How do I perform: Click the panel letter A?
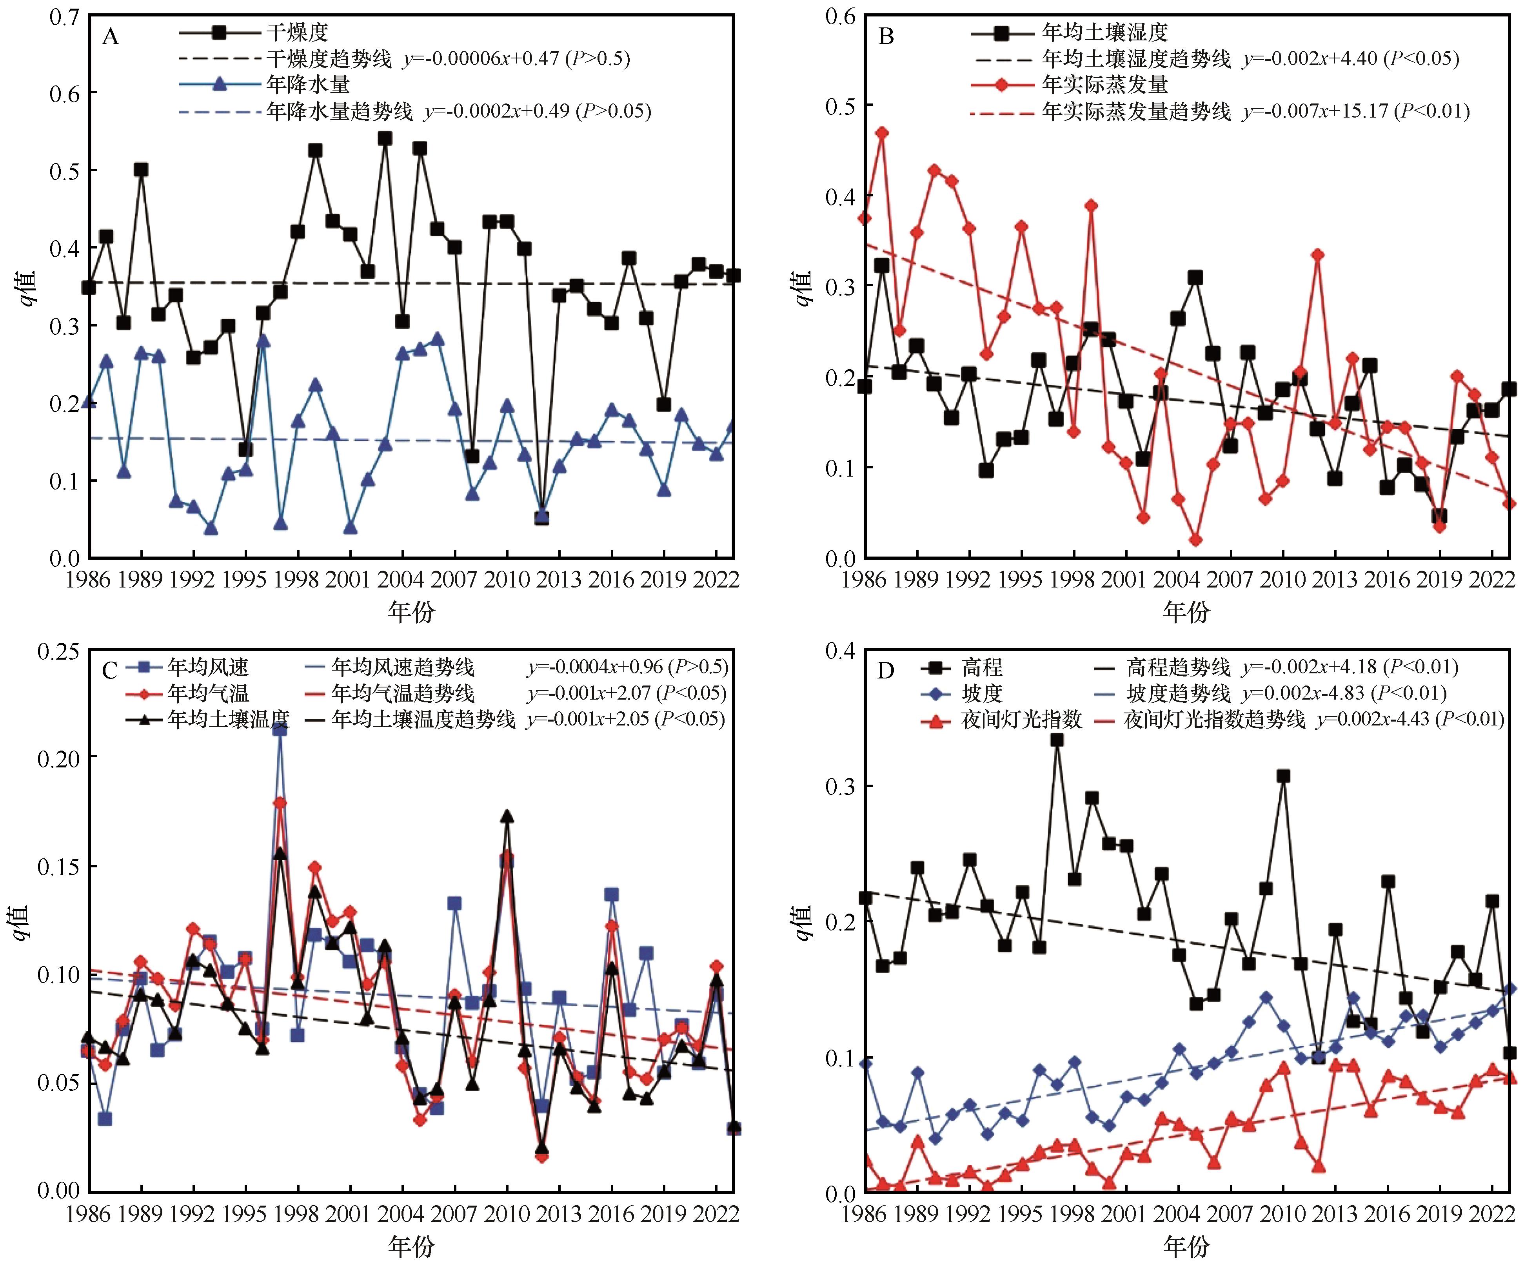(110, 36)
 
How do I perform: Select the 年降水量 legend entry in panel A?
(308, 84)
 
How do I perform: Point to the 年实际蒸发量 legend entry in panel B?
(1104, 85)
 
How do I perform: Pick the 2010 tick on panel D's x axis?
(1282, 1213)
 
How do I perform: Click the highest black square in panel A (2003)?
(385, 138)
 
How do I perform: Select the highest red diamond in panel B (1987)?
(882, 133)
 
